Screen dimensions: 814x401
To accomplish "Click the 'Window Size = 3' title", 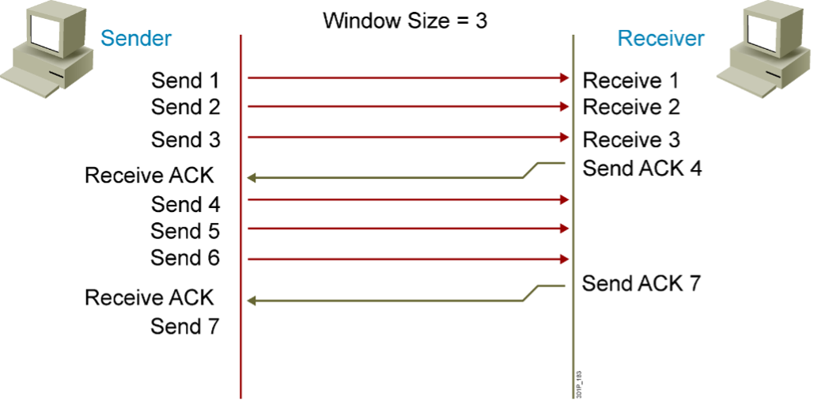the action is click(405, 21).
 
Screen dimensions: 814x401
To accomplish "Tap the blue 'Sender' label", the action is click(136, 39).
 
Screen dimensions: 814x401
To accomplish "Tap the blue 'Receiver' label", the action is click(661, 39).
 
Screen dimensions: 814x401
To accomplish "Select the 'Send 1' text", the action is click(185, 81).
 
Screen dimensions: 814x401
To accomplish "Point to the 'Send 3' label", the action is click(185, 140).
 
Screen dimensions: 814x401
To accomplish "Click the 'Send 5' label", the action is click(185, 231).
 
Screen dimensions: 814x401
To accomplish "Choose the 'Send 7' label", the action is click(185, 327).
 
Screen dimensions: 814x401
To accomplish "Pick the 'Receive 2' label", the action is click(631, 107).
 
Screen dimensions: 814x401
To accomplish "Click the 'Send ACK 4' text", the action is click(642, 168).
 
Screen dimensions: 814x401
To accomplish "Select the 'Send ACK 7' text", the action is click(642, 284).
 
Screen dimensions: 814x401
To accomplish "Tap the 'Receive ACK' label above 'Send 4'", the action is click(150, 176).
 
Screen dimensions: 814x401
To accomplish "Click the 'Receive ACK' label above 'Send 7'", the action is click(150, 297).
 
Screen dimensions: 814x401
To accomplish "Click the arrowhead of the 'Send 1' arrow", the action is click(564, 78).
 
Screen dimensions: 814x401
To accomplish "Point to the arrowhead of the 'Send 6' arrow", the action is click(564, 259).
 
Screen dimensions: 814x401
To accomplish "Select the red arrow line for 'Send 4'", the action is click(408, 199).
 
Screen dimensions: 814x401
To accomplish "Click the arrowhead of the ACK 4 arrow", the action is click(252, 178).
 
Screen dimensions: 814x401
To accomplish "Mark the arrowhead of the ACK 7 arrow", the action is click(252, 301).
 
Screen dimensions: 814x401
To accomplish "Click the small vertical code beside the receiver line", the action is click(580, 384).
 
